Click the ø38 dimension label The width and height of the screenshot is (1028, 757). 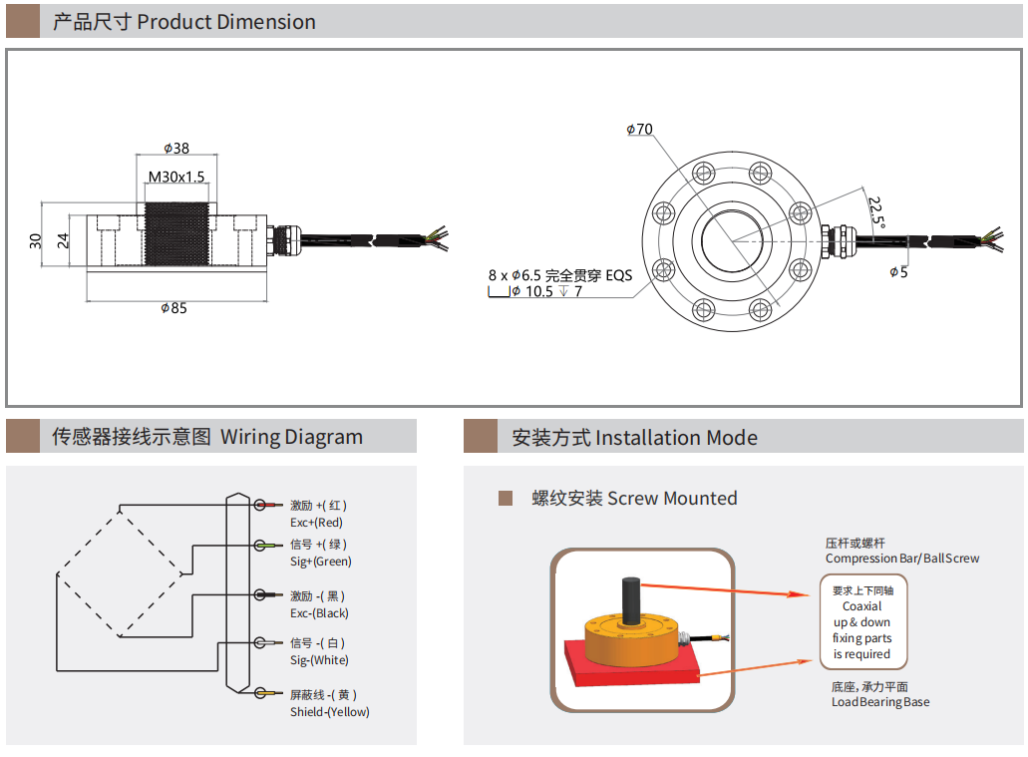coord(176,149)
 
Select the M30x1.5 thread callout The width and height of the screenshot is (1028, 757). coord(176,177)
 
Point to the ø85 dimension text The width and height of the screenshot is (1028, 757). coord(174,308)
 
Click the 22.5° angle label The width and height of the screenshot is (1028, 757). coord(876,212)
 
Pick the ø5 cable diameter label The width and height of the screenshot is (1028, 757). coord(899,271)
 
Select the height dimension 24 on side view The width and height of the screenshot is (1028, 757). coord(62,240)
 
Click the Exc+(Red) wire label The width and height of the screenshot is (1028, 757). coord(316,523)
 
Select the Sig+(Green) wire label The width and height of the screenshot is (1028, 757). coord(320,562)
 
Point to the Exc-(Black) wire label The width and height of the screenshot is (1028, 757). coord(319,613)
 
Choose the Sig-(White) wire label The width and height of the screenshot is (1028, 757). coord(319,660)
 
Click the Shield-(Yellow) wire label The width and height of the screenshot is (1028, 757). coord(329,712)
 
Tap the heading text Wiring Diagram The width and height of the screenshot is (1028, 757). coord(291,437)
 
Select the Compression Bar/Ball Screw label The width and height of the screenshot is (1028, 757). coord(902,559)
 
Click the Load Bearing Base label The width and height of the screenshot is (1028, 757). coord(880,702)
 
